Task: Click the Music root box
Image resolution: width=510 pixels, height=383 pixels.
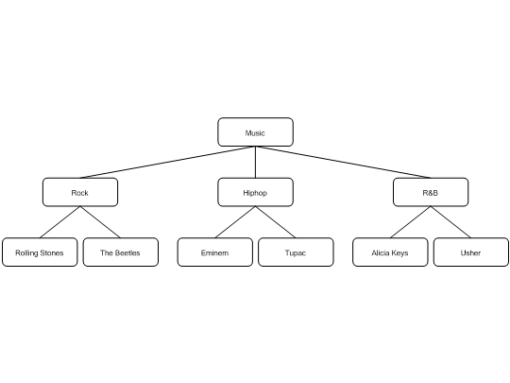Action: [x=255, y=132]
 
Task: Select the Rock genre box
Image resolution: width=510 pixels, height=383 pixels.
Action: [x=80, y=192]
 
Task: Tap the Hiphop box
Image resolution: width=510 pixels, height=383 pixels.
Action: [x=255, y=192]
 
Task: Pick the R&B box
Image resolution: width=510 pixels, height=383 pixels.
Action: [x=431, y=192]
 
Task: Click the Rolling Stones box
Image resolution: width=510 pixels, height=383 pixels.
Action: [x=40, y=252]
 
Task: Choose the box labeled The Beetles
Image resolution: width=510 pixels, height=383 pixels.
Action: [x=121, y=252]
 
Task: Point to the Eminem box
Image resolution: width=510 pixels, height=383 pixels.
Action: [x=215, y=252]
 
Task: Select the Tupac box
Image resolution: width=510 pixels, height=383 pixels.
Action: [x=296, y=252]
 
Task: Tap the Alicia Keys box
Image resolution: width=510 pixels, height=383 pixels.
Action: [x=390, y=252]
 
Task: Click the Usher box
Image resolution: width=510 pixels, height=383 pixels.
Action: [x=471, y=252]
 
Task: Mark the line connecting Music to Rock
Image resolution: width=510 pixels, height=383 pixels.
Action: [x=167, y=163]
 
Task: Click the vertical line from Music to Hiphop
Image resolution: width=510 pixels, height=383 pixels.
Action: [x=255, y=163]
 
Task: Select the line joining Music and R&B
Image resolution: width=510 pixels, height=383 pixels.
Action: [x=343, y=163]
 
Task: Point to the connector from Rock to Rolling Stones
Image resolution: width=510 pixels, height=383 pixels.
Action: [x=59, y=222]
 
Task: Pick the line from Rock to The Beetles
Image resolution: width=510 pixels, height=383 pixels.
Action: [x=100, y=222]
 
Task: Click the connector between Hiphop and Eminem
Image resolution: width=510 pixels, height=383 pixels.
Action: [x=235, y=222]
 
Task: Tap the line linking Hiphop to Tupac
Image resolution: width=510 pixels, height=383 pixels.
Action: [x=276, y=222]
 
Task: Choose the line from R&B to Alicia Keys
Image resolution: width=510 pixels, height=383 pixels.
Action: [x=411, y=222]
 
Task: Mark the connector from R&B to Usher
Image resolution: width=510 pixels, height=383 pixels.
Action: [x=450, y=222]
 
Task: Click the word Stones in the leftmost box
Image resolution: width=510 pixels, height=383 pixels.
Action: [x=52, y=253]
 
